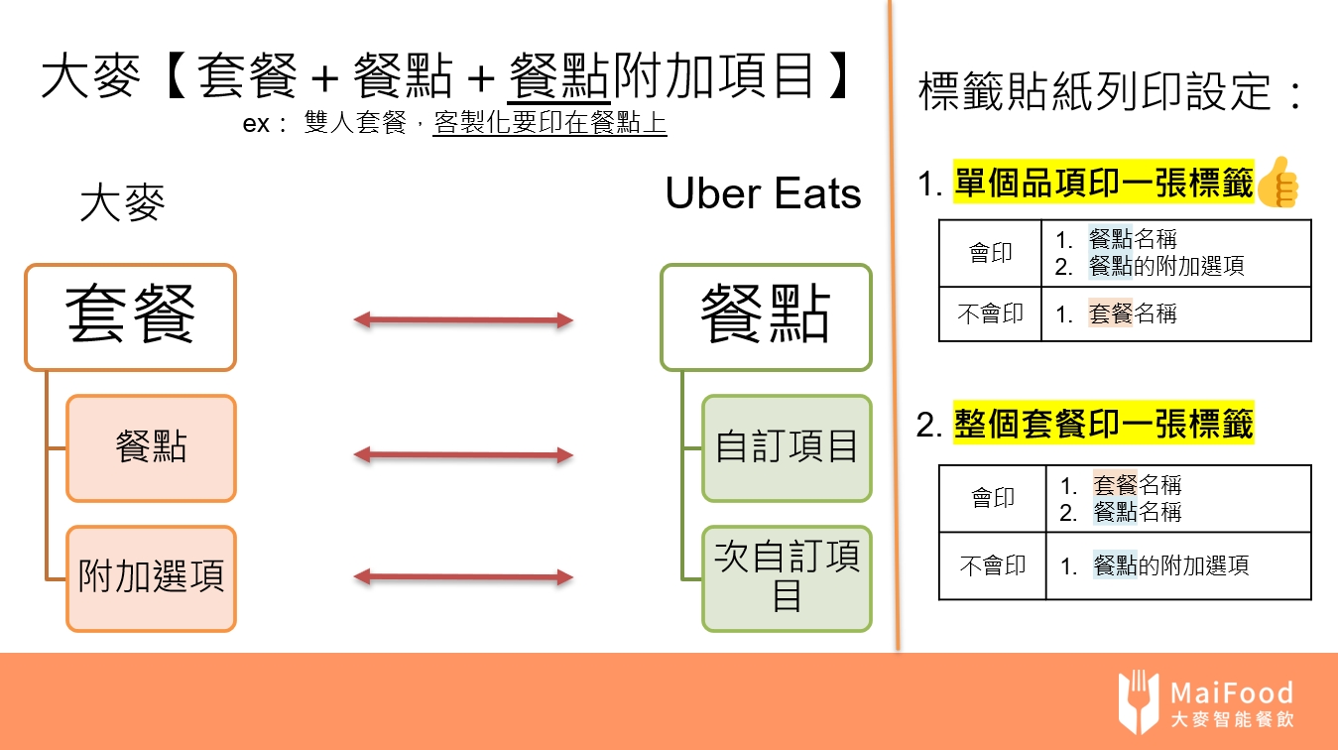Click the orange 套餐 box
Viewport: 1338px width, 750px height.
click(x=130, y=316)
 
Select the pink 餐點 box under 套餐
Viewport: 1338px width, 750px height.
click(x=151, y=448)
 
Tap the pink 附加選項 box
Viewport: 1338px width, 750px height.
click(x=151, y=578)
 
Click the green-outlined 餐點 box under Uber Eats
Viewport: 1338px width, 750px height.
click(x=765, y=316)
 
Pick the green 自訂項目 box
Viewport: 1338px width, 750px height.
click(x=787, y=448)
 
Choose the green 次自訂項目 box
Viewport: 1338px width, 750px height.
click(x=787, y=578)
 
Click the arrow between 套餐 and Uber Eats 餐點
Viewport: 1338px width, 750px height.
click(x=464, y=319)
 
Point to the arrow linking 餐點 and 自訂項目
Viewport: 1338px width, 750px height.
click(x=464, y=454)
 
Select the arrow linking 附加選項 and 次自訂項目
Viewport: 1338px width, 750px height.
click(x=464, y=576)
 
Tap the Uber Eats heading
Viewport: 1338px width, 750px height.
click(x=763, y=194)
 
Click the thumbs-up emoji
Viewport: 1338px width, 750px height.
click(x=1278, y=183)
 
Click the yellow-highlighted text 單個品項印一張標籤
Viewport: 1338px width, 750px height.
click(x=1104, y=185)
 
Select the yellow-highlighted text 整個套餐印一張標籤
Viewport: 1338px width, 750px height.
click(x=1104, y=424)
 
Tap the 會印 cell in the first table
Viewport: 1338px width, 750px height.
click(x=990, y=254)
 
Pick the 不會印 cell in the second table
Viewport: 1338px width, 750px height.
click(x=993, y=566)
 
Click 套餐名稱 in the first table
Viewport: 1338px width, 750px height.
click(x=1132, y=314)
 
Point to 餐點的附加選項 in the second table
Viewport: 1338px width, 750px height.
click(x=1170, y=566)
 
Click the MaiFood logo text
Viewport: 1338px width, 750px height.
click(x=1231, y=692)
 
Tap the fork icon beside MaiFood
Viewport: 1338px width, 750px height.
click(x=1138, y=701)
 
